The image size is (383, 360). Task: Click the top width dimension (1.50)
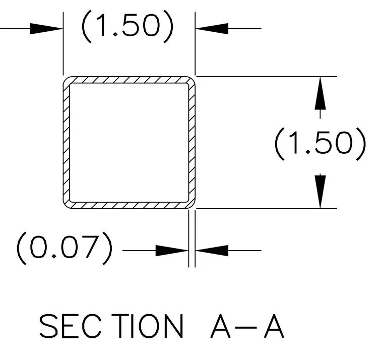pyautogui.click(x=127, y=26)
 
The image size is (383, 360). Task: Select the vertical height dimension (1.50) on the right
pyautogui.click(x=320, y=144)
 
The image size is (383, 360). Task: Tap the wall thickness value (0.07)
pyautogui.click(x=65, y=248)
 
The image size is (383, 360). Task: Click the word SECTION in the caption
pyautogui.click(x=111, y=326)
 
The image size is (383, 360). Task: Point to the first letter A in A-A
pyautogui.click(x=220, y=326)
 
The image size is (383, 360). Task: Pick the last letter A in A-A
pyautogui.click(x=274, y=326)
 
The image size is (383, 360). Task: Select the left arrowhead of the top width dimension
pyautogui.click(x=46, y=29)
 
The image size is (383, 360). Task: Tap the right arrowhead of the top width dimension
pyautogui.click(x=212, y=29)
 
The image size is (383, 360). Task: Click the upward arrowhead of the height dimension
pyautogui.click(x=320, y=93)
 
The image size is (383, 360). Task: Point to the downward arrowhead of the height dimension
pyautogui.click(x=320, y=192)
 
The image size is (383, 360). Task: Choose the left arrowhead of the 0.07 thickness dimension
pyautogui.click(x=172, y=251)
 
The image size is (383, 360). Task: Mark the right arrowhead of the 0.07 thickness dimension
pyautogui.click(x=212, y=251)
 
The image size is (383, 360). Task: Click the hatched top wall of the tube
pyautogui.click(x=129, y=80)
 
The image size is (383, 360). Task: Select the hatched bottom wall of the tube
pyautogui.click(x=129, y=205)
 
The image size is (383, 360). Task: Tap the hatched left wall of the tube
pyautogui.click(x=67, y=143)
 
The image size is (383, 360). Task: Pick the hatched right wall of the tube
pyautogui.click(x=192, y=143)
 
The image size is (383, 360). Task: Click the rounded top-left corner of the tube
pyautogui.click(x=66, y=80)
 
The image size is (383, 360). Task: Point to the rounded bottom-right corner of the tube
pyautogui.click(x=193, y=206)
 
